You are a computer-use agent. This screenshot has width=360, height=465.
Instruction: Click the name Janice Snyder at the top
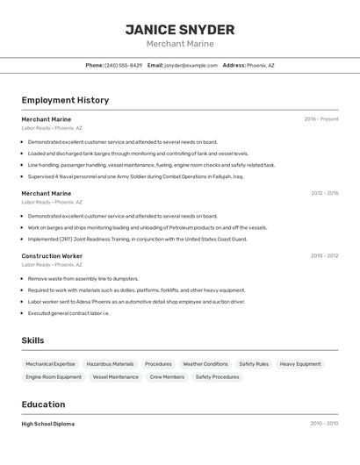[x=179, y=29]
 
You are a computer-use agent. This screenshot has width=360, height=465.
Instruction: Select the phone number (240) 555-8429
[x=123, y=65]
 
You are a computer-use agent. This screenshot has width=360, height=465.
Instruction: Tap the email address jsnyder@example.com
[x=191, y=65]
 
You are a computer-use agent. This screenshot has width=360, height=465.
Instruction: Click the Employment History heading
[x=65, y=100]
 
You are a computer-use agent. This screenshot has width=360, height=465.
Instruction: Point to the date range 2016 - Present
[x=320, y=118]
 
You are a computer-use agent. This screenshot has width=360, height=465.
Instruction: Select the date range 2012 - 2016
[x=324, y=193]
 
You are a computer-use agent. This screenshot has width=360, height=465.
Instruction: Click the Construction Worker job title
[x=52, y=256]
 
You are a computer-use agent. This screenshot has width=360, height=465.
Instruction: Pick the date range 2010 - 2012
[x=324, y=256]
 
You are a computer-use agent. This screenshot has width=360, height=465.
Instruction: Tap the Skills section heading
[x=32, y=340]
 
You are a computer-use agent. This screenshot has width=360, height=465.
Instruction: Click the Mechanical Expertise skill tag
[x=50, y=364]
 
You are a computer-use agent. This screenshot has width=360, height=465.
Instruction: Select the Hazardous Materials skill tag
[x=110, y=364]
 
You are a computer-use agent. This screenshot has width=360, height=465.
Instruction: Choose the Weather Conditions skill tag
[x=205, y=364]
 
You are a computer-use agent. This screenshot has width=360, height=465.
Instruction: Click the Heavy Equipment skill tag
[x=300, y=364]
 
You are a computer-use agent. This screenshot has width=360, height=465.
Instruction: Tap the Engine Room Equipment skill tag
[x=54, y=377]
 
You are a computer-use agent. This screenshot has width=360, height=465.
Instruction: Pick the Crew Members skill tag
[x=167, y=377]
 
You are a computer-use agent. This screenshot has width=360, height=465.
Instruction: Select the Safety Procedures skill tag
[x=217, y=377]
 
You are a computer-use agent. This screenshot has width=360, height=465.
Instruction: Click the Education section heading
[x=43, y=404]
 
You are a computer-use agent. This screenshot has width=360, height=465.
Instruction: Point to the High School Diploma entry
[x=47, y=424]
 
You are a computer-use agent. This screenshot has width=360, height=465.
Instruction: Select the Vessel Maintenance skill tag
[x=115, y=377]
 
